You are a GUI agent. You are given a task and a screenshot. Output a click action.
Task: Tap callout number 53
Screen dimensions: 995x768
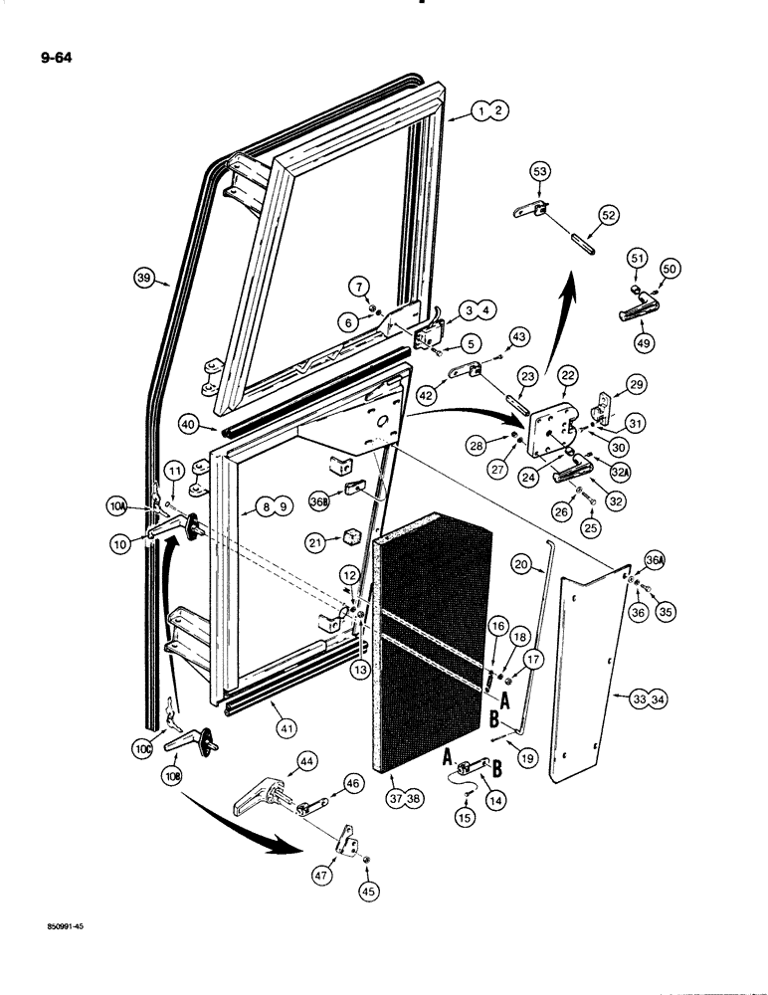539,174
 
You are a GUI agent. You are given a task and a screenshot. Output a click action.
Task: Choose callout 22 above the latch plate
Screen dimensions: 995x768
567,373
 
